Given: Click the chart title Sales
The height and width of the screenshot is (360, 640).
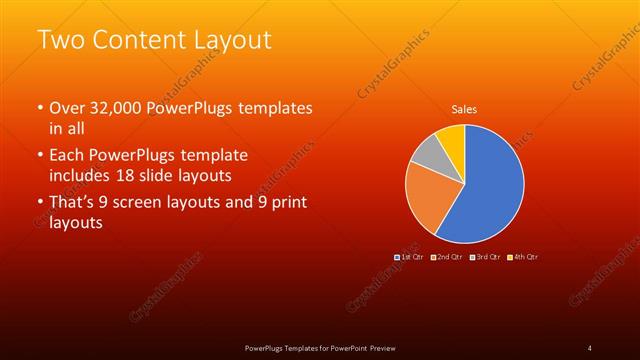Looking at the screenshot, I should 464,108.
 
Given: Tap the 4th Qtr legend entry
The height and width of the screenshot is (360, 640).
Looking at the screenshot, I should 523,257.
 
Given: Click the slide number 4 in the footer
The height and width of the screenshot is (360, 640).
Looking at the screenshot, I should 589,347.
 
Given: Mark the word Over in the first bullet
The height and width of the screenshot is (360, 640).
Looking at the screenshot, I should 67,108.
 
